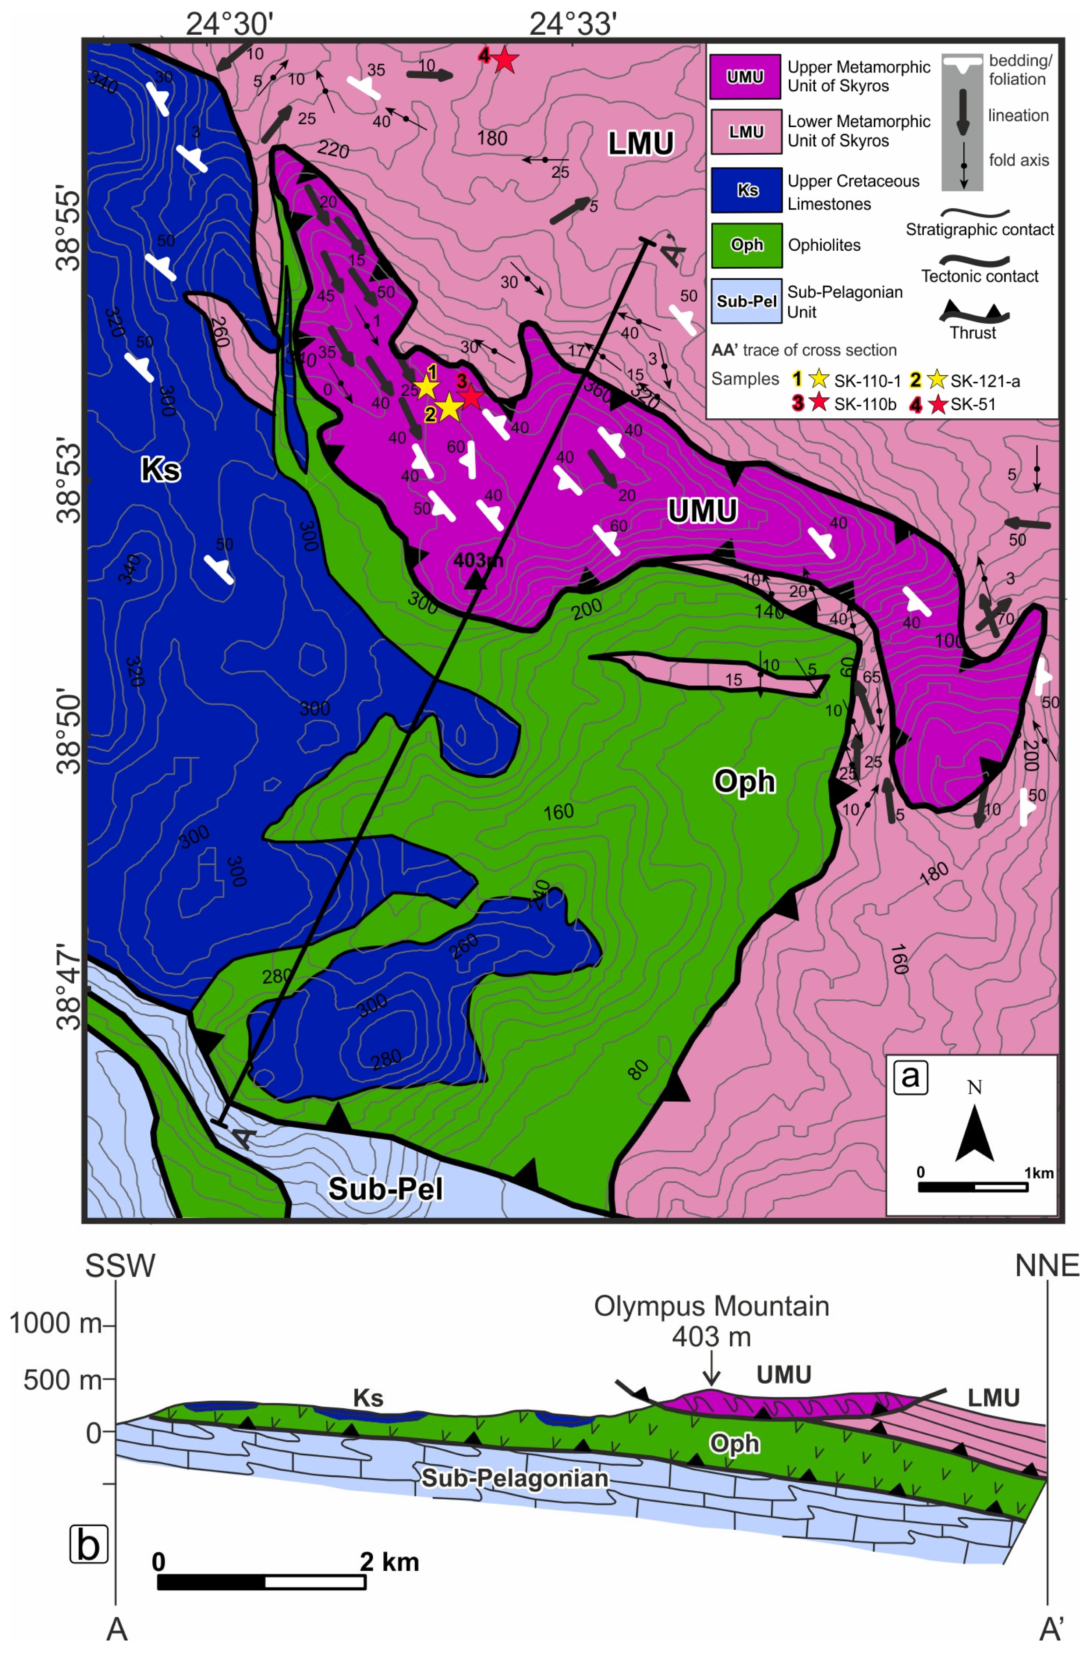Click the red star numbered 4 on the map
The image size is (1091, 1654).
point(505,61)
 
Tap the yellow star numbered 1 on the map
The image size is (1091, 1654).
point(427,387)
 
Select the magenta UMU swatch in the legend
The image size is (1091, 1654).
point(745,76)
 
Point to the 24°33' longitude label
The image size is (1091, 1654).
point(573,25)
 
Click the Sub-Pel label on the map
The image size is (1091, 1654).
point(385,1189)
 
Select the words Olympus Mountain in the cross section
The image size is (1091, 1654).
point(711,1306)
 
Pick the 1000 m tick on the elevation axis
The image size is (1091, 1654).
point(55,1323)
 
